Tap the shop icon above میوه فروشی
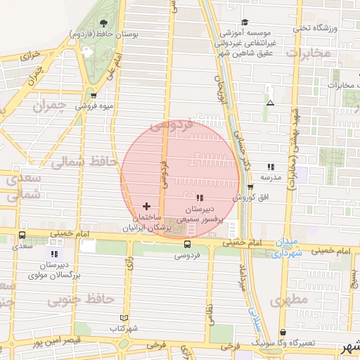[94, 96]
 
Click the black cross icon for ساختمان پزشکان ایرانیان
[146, 206]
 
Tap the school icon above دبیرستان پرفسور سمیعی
[200, 198]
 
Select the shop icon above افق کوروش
[251, 186]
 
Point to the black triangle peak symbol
[270, 103]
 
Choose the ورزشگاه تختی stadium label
[320, 27]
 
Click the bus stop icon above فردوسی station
[187, 244]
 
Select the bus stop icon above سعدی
[22, 236]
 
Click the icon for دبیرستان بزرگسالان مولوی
[55, 254]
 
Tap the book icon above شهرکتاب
[124, 319]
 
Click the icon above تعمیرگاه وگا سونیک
[283, 333]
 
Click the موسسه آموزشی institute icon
[245, 22]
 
